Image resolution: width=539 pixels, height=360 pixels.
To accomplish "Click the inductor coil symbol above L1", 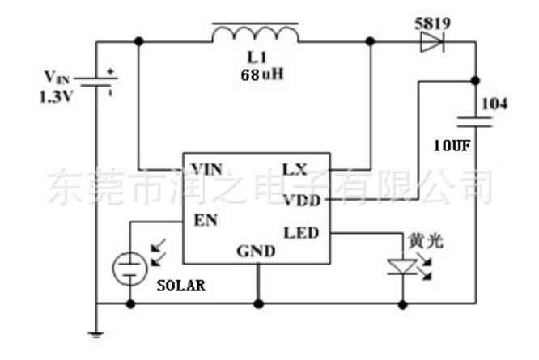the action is [x=256, y=34].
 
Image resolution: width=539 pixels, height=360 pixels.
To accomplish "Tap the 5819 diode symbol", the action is [x=432, y=42].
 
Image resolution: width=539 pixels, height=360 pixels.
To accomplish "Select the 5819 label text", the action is [x=432, y=23].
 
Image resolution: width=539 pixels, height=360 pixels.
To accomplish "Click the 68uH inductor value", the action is [x=262, y=74].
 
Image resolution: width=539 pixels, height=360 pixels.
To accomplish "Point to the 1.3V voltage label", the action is [x=57, y=97].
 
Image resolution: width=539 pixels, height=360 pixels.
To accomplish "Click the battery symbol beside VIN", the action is [x=96, y=82].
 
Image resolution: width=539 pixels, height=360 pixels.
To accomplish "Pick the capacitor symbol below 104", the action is [x=475, y=122].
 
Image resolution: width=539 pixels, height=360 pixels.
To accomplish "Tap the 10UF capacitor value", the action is [x=452, y=146].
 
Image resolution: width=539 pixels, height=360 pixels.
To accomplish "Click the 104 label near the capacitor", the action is [x=494, y=104].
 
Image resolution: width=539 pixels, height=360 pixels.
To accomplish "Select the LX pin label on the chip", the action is [x=295, y=169].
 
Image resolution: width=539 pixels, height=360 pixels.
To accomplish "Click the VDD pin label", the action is [x=302, y=201].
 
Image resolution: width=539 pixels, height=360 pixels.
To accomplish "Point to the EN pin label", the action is [x=206, y=220].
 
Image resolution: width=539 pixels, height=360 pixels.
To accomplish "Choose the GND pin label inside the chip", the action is [x=256, y=252].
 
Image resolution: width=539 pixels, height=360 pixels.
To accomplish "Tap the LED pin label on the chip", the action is [x=302, y=233].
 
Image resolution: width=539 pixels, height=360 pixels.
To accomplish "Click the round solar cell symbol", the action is [x=130, y=269].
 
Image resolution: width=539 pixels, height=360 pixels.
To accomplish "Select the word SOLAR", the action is [x=181, y=286].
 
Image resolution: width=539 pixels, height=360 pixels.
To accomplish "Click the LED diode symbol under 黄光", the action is [x=402, y=267].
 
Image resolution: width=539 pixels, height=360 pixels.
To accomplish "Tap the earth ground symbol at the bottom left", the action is [x=96, y=334].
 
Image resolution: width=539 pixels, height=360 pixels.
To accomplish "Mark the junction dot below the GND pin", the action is [x=258, y=304].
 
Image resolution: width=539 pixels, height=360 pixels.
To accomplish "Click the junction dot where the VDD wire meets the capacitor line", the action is [x=475, y=81].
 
